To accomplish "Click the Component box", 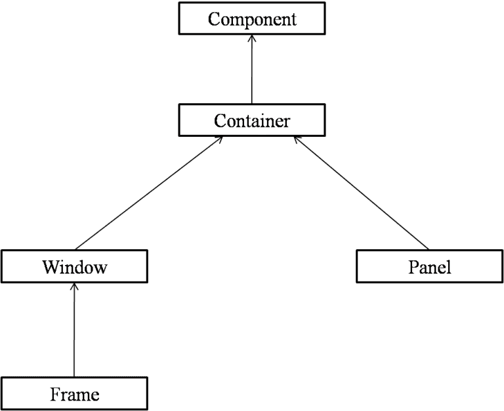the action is (x=252, y=18).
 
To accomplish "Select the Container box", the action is (x=252, y=120).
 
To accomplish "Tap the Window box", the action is (x=75, y=266).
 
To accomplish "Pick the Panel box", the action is (x=430, y=266).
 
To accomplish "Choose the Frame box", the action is (x=75, y=394).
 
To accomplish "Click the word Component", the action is (x=252, y=19).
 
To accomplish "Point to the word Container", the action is (x=252, y=121).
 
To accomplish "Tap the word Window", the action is (x=75, y=267).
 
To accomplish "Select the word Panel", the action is (x=430, y=267).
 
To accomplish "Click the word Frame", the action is (x=75, y=395).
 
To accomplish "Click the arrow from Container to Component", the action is (x=252, y=69).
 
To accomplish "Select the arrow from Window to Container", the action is (x=149, y=193).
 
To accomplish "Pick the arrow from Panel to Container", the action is (x=362, y=193).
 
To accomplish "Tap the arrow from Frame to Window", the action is (x=74, y=330).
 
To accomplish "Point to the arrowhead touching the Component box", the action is (x=252, y=38).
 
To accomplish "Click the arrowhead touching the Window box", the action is (x=74, y=287).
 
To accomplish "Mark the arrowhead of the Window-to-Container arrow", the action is (x=219, y=140).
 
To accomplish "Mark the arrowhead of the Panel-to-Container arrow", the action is (x=297, y=140).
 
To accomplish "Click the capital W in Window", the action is (x=50, y=267).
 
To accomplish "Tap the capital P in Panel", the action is (x=413, y=267).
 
